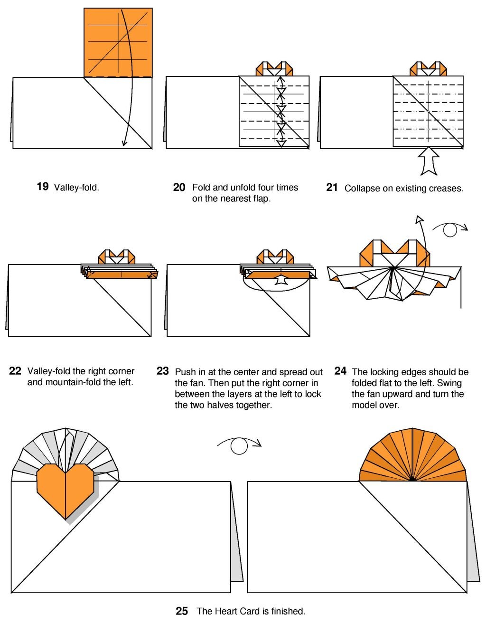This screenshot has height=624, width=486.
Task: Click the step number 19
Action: pyautogui.click(x=42, y=187)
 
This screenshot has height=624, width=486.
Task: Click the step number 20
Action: pyautogui.click(x=179, y=188)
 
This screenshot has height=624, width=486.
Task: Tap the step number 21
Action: pyautogui.click(x=332, y=188)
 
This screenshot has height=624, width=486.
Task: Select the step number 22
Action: pyautogui.click(x=15, y=371)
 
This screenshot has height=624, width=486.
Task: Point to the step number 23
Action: pyautogui.click(x=163, y=371)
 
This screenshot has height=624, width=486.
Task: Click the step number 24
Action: pyautogui.click(x=340, y=371)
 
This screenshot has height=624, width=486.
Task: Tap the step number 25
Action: pyautogui.click(x=182, y=611)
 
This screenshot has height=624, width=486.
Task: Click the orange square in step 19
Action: pyautogui.click(x=118, y=43)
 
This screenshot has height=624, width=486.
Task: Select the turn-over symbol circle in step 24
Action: pyautogui.click(x=450, y=230)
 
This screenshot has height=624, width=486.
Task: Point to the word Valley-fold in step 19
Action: pyautogui.click(x=76, y=188)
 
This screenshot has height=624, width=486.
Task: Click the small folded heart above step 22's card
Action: pyautogui.click(x=117, y=257)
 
